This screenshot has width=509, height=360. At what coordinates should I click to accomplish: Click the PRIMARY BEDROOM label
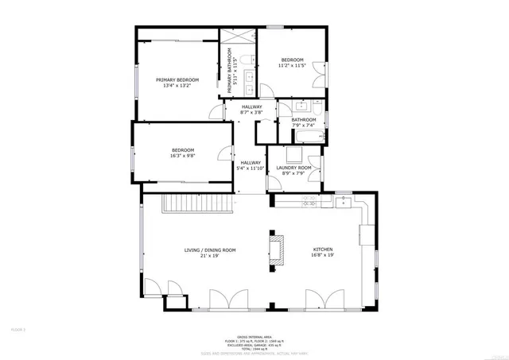pyautogui.click(x=177, y=79)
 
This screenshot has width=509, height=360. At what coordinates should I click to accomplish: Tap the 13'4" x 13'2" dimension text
pyautogui.click(x=177, y=86)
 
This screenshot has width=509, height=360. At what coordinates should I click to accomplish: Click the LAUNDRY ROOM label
pyautogui.click(x=293, y=168)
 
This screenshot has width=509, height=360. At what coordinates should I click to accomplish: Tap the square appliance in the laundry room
pyautogui.click(x=295, y=153)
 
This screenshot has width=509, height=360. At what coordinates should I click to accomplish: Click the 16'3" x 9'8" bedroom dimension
pyautogui.click(x=182, y=156)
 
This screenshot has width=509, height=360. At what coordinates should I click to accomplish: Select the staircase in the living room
pyautogui.click(x=196, y=206)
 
